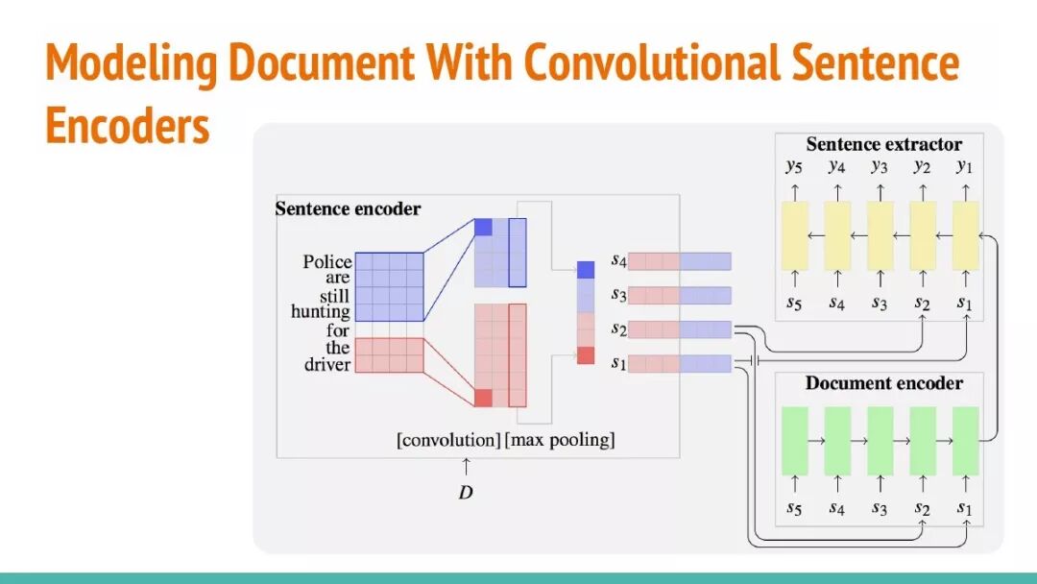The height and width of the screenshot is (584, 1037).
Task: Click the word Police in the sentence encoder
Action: click(x=327, y=262)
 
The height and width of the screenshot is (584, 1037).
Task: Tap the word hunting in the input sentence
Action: click(x=321, y=312)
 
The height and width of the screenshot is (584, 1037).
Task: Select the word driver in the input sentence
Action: click(x=327, y=365)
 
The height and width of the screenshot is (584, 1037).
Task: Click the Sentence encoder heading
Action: click(x=348, y=208)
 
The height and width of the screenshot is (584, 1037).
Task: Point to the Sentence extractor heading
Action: click(x=883, y=145)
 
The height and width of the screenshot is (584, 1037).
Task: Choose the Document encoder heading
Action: click(x=883, y=383)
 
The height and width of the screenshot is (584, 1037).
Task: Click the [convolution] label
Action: click(x=448, y=441)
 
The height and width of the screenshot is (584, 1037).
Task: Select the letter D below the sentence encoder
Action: click(x=466, y=493)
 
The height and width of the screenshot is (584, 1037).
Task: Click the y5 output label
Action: click(x=794, y=167)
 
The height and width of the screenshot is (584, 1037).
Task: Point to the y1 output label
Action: click(x=965, y=167)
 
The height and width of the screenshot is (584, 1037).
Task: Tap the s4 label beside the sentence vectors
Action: click(x=618, y=260)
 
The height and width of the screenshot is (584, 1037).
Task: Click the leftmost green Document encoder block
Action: click(x=795, y=441)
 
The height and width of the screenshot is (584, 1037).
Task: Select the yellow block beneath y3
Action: click(x=880, y=235)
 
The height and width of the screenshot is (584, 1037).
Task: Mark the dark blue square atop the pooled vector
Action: click(x=586, y=269)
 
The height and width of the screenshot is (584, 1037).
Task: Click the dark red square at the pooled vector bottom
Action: click(x=586, y=355)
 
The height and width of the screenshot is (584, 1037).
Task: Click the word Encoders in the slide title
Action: click(x=128, y=125)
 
